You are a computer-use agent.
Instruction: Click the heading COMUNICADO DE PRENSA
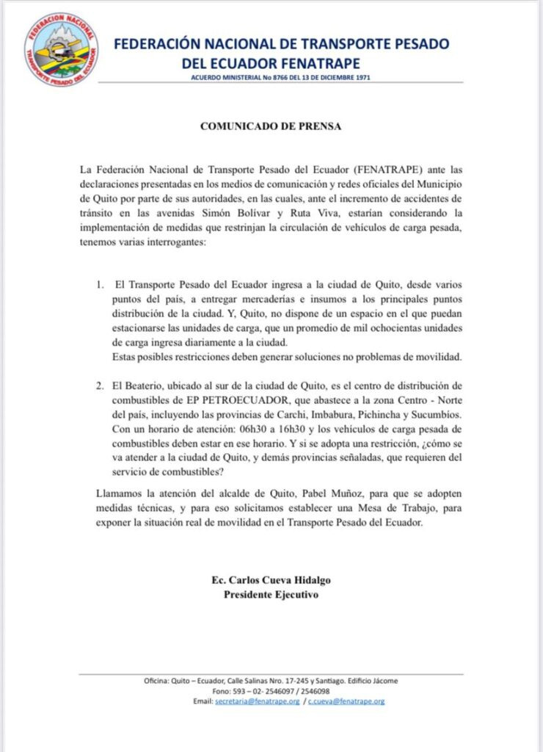(271, 126)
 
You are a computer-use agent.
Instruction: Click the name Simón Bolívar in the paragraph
(226, 213)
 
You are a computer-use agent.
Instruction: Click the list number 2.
(100, 386)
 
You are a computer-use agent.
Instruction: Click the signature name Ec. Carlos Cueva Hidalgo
(271, 580)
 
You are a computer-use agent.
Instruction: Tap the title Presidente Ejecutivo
(271, 594)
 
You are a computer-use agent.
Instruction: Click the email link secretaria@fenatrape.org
(258, 701)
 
